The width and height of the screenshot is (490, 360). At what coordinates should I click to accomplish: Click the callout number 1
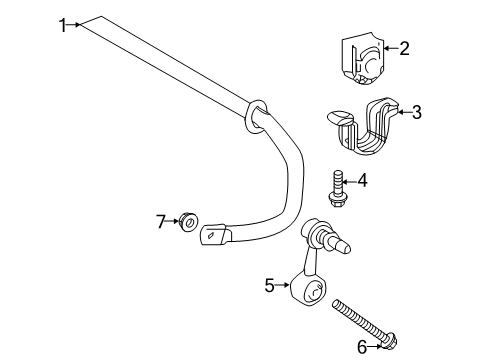62,25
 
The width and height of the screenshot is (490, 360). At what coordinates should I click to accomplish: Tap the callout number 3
416,113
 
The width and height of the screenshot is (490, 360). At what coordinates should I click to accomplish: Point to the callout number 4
363,181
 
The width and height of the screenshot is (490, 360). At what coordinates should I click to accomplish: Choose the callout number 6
362,346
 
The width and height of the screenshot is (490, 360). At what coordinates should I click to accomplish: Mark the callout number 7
159,219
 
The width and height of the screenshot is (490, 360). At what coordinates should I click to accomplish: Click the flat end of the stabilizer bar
213,236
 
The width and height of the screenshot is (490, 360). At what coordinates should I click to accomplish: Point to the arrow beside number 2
388,47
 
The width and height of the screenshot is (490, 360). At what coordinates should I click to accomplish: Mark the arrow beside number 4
350,181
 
